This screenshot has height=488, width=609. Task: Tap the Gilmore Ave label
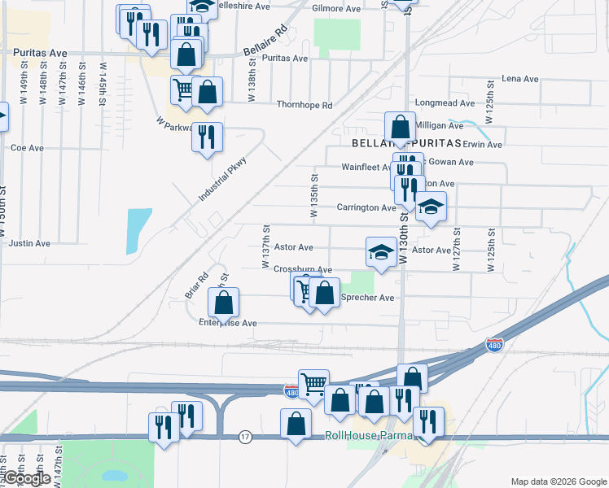coord(336,9)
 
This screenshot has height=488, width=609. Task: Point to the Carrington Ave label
coord(366,207)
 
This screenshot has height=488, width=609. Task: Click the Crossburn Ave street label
coord(303,269)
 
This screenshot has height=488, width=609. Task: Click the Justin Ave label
coord(31,243)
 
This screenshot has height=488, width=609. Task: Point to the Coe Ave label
coord(27,148)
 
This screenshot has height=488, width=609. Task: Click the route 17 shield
coord(245,437)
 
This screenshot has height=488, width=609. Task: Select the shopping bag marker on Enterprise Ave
coord(223,303)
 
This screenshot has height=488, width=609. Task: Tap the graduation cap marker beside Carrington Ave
coord(431,207)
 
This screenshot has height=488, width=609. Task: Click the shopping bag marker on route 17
coord(296,424)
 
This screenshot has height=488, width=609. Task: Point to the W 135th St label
coord(314,195)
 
